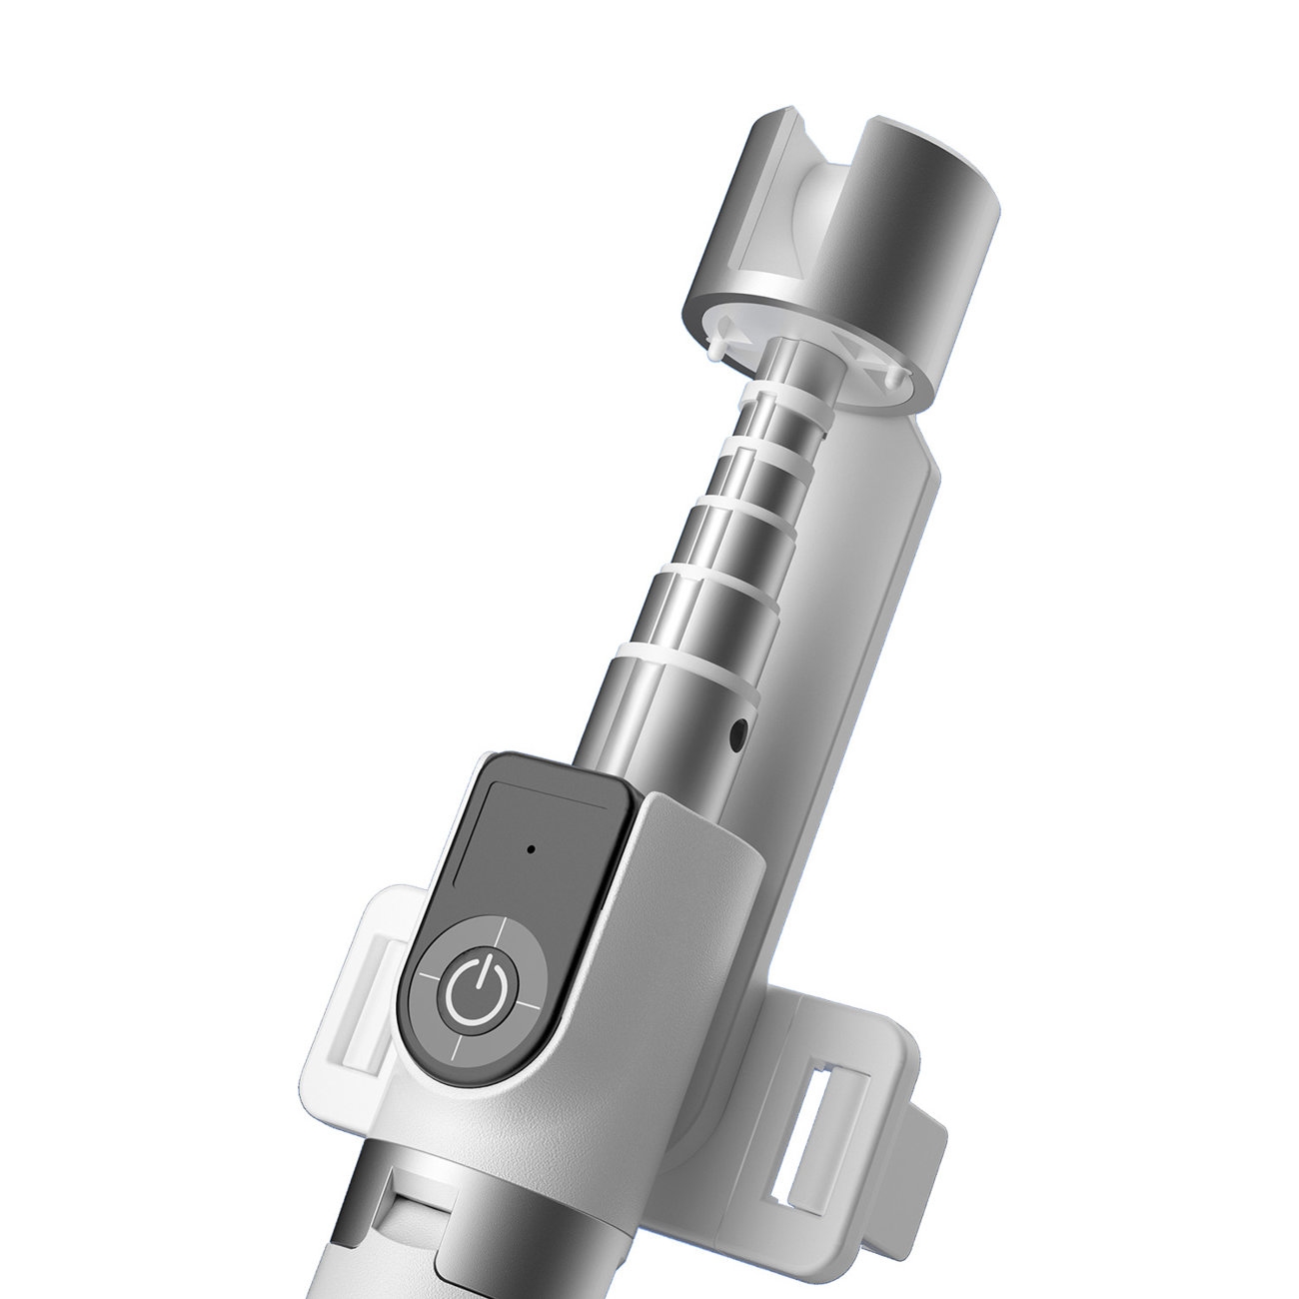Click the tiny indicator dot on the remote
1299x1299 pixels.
point(531,849)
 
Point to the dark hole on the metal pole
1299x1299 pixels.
point(737,735)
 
